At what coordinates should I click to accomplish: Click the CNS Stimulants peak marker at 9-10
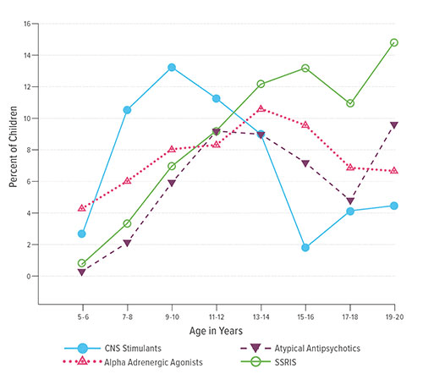(x=172, y=68)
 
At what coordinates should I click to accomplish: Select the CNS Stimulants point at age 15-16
(x=305, y=248)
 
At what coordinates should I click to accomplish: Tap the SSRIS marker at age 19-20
(x=394, y=42)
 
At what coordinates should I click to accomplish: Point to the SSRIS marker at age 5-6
(x=82, y=263)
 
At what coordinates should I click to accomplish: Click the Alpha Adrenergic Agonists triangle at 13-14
(x=261, y=108)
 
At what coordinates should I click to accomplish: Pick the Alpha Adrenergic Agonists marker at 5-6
(x=82, y=207)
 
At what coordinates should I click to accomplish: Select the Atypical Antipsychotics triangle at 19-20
(x=394, y=125)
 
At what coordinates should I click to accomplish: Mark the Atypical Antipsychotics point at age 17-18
(x=349, y=201)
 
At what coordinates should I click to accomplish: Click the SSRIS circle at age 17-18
(x=349, y=103)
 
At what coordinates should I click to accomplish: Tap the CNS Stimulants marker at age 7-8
(x=127, y=109)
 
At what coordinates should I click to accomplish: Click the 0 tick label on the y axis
(x=27, y=276)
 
